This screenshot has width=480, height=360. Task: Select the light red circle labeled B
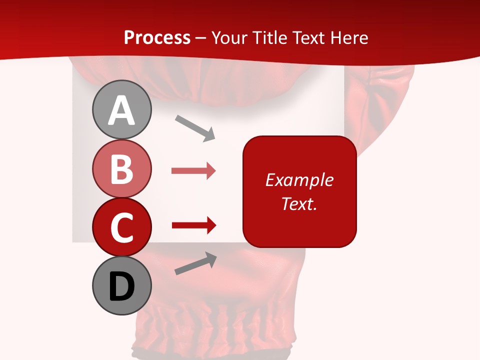point(121,169)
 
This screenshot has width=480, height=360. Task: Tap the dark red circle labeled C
point(121,227)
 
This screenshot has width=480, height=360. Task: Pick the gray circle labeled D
point(121,286)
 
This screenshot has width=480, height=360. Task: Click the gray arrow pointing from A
point(195,128)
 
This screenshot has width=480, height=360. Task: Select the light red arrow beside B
point(193,171)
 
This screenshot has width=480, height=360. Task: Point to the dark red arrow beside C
point(193,225)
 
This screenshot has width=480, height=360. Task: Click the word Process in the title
point(157,38)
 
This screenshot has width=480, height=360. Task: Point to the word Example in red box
point(299,180)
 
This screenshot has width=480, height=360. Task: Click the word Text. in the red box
point(299,203)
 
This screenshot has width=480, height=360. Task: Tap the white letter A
point(121,111)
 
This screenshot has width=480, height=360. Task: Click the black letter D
point(121,287)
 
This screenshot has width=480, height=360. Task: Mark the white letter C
point(121,228)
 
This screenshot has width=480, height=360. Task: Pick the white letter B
point(121,169)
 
